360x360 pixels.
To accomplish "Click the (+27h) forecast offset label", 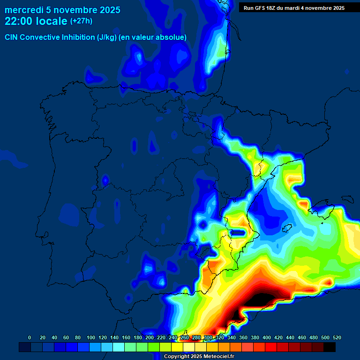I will [x=81, y=21].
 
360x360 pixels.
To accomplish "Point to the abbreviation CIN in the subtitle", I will [x=11, y=37].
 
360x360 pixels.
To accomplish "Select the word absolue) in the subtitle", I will [x=172, y=37].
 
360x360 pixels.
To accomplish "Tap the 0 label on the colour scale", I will [x=30, y=337].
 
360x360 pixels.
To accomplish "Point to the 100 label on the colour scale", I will [x=91, y=337].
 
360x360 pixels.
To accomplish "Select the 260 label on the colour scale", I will [x=185, y=337].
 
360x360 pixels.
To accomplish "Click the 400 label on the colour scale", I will [x=267, y=337].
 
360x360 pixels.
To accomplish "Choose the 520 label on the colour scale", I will [x=337, y=337].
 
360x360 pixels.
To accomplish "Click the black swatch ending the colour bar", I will [x=330, y=347].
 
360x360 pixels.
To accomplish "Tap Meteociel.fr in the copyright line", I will [x=219, y=357].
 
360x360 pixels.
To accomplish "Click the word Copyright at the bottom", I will [x=178, y=357].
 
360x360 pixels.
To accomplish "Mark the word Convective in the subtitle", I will [x=41, y=37].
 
